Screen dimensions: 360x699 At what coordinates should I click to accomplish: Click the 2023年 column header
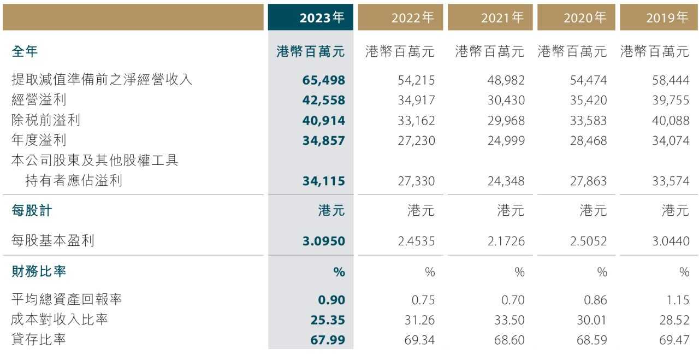click(x=322, y=18)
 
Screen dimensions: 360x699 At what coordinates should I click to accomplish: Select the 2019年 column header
click(x=667, y=18)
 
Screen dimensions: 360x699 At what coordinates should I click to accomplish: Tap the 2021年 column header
click(x=502, y=18)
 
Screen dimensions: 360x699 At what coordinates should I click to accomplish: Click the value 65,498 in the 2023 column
click(x=324, y=80)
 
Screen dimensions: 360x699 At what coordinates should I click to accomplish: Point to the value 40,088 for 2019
click(x=670, y=120)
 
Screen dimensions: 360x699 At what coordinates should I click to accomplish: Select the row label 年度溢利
click(x=39, y=140)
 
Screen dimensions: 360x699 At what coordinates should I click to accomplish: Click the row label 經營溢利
click(x=39, y=101)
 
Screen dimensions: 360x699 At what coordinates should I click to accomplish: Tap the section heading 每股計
click(x=32, y=210)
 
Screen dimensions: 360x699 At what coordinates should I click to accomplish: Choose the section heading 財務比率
click(x=39, y=271)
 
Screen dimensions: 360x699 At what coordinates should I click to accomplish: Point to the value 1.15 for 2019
click(x=678, y=299)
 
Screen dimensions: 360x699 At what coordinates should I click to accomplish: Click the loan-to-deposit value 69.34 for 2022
click(x=419, y=340)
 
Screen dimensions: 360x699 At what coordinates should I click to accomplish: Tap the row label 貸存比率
click(x=39, y=340)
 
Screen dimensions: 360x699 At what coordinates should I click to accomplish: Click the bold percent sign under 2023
click(x=339, y=272)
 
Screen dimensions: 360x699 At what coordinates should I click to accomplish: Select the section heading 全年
click(x=25, y=52)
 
